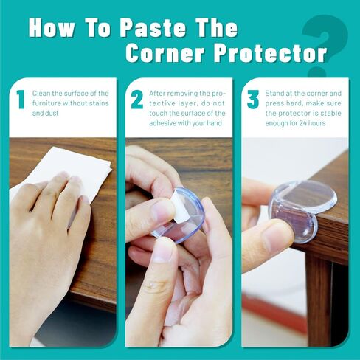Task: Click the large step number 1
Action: [x=21, y=100]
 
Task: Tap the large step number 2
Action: [x=137, y=100]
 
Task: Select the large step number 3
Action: [x=253, y=100]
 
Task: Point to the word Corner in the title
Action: [x=166, y=53]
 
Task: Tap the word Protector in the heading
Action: [x=270, y=53]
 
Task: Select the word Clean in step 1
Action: [x=41, y=94]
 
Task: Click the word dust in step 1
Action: [x=52, y=114]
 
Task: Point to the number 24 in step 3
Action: [x=303, y=123]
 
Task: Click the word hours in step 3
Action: [x=317, y=123]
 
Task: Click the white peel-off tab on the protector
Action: [x=176, y=204]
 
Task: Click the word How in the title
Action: [x=52, y=28]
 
